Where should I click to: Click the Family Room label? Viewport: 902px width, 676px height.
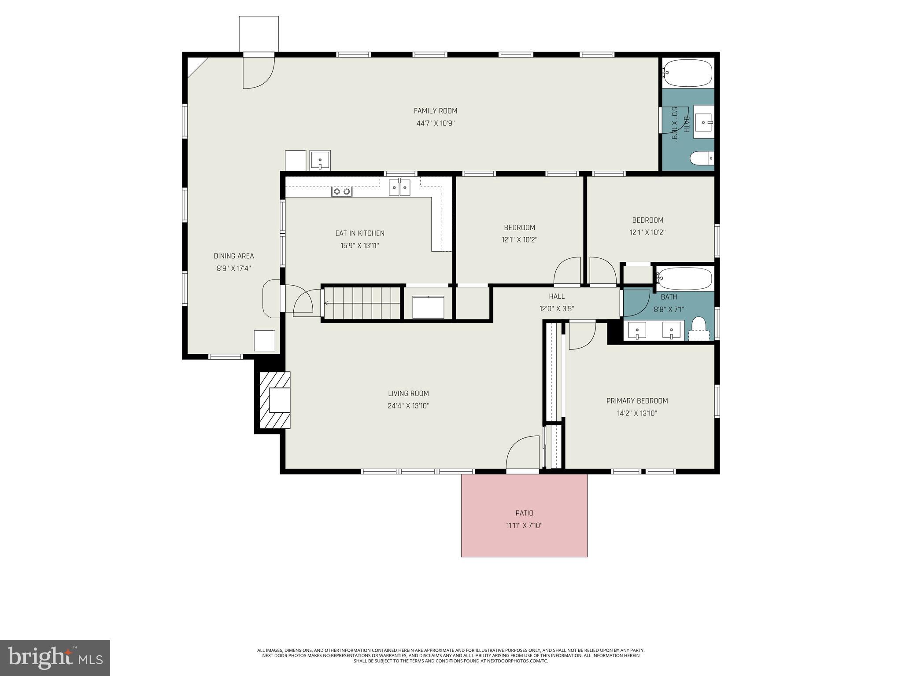(x=435, y=111)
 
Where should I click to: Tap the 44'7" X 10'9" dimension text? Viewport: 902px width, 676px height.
(x=435, y=123)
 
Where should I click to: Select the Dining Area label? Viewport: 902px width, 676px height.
(x=233, y=256)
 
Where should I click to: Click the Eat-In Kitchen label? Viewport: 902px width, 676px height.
(x=359, y=233)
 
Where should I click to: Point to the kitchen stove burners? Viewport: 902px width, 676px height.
(x=342, y=191)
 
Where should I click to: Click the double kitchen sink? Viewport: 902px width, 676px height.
(x=399, y=187)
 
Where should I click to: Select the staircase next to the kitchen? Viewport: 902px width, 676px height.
(x=362, y=303)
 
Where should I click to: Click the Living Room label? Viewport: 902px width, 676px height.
(x=408, y=393)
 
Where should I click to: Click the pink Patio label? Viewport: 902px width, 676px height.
(x=524, y=513)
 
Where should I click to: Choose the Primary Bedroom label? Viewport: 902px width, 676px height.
(x=637, y=400)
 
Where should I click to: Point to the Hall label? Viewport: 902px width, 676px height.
(x=557, y=296)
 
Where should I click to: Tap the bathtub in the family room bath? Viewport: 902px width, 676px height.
(x=688, y=73)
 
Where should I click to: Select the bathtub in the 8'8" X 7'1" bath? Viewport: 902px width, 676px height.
(x=684, y=279)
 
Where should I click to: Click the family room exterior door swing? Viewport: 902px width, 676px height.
(x=258, y=73)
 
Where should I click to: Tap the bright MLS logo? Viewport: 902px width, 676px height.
(x=55, y=658)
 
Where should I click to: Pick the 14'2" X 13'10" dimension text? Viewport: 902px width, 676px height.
(x=637, y=413)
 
